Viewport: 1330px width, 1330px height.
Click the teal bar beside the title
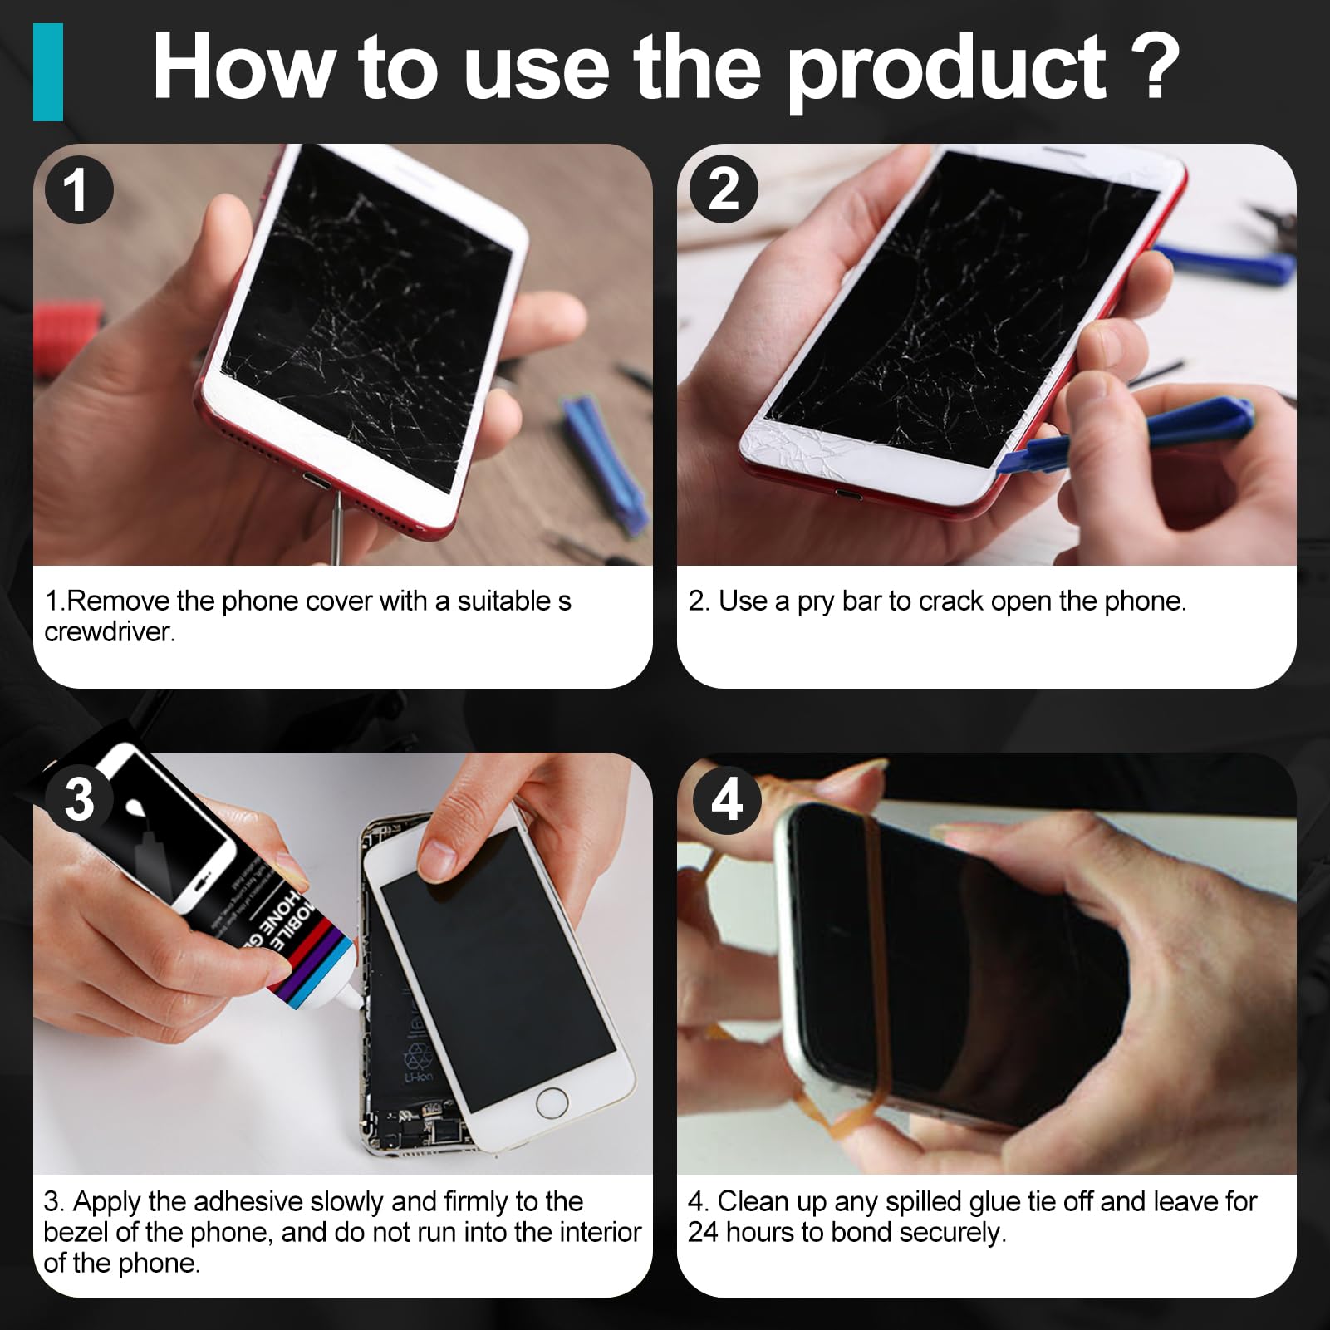coord(48,72)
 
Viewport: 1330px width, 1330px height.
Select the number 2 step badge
coord(724,189)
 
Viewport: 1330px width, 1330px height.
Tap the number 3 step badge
coord(79,799)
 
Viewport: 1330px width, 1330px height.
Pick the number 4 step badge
coord(726,799)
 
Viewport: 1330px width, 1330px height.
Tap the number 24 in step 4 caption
coord(703,1232)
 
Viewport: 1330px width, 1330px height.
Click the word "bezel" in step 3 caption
coord(76,1232)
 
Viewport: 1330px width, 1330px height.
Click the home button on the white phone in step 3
coord(552,1103)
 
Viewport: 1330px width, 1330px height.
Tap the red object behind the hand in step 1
coord(66,332)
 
